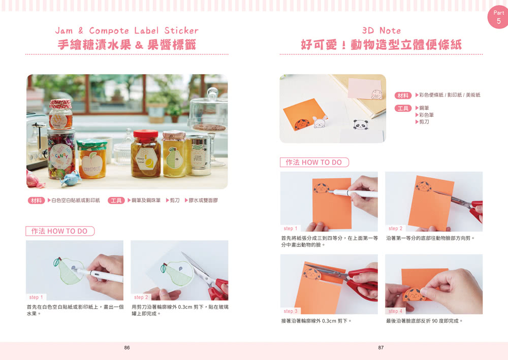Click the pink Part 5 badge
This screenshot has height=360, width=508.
[498, 17]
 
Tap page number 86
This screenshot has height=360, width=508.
[127, 347]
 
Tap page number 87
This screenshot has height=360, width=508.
[381, 347]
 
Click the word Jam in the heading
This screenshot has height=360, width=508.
[64, 31]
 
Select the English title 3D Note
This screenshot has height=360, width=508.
[382, 30]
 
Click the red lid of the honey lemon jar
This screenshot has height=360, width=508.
[146, 134]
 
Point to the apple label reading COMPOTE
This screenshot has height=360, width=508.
[92, 164]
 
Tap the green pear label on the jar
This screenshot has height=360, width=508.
[174, 158]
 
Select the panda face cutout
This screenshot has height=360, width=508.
[361, 124]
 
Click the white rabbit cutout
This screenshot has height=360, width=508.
[320, 122]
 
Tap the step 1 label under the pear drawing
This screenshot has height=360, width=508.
[36, 297]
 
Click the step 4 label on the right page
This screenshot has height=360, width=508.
[395, 311]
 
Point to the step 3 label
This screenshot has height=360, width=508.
[290, 311]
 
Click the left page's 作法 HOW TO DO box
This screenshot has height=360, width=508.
[60, 231]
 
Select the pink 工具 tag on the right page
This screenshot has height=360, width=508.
[403, 109]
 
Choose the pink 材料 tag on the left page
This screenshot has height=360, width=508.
[36, 201]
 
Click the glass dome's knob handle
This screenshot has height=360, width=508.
[212, 93]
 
